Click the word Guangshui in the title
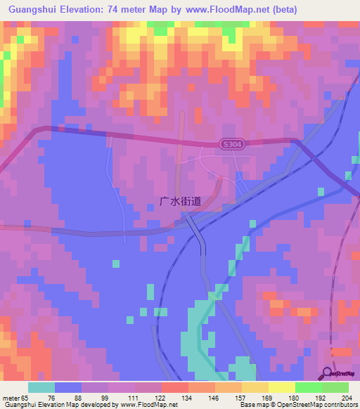(x=32, y=10)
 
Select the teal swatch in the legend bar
(x=41, y=387)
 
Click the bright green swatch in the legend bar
(x=308, y=387)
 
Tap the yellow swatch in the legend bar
(x=281, y=387)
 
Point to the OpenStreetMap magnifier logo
(x=328, y=373)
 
